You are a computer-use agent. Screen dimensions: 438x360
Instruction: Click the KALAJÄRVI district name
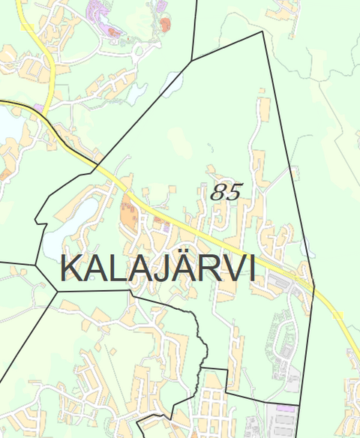157,268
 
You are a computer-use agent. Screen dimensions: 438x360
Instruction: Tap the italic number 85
226,193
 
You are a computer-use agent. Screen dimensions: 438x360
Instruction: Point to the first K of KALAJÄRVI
70,268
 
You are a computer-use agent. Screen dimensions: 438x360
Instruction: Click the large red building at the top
165,25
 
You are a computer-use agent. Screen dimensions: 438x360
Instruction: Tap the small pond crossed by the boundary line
172,84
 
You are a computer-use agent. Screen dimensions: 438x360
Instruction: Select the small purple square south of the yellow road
157,220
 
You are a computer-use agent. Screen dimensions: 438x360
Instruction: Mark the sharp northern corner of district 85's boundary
262,31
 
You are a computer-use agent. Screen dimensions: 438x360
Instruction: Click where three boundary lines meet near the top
192,60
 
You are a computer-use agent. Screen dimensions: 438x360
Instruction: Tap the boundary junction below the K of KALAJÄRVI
57,290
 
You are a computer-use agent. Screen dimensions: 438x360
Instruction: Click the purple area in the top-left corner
97,11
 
